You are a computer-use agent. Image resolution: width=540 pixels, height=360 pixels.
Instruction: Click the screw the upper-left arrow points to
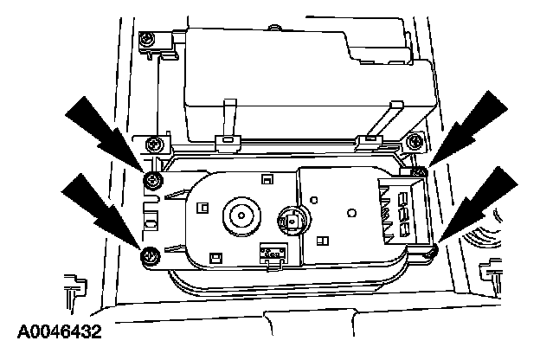pos(153,179)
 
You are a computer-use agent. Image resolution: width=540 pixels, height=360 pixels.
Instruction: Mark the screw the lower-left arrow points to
pos(150,254)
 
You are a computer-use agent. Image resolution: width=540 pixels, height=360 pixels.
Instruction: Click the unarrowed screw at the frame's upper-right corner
pos(414,141)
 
